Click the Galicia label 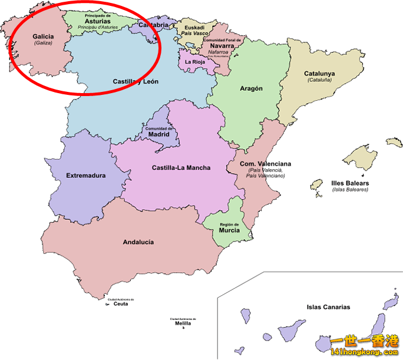[x=44, y=37]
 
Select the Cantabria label [x=153, y=25]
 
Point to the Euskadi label [x=194, y=27]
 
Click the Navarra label [x=222, y=45]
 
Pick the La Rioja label [x=195, y=61]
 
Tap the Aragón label [x=251, y=88]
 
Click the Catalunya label [x=319, y=74]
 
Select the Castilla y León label [x=135, y=81]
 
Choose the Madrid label [x=158, y=134]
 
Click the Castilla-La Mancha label [x=181, y=168]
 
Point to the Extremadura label [x=86, y=175]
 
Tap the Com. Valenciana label [x=265, y=164]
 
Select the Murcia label [x=229, y=230]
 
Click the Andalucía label [x=138, y=242]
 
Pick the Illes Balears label [x=350, y=183]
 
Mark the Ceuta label [x=121, y=304]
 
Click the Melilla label [x=183, y=323]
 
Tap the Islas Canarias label [x=328, y=307]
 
